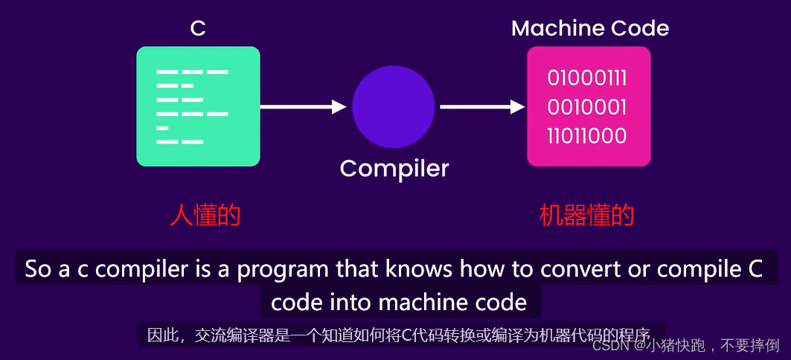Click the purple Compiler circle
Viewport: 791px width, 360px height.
click(x=394, y=107)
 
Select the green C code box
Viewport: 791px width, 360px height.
click(x=198, y=106)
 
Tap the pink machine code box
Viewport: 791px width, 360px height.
click(x=589, y=106)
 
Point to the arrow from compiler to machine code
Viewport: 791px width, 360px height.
click(x=482, y=107)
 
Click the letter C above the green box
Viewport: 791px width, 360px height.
click(x=198, y=28)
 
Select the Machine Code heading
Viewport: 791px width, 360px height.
click(x=589, y=28)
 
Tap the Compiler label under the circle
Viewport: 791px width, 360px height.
click(x=394, y=168)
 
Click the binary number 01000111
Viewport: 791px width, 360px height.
click(x=587, y=78)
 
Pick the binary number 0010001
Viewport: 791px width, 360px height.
click(x=587, y=107)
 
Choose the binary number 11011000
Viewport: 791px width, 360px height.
click(x=587, y=136)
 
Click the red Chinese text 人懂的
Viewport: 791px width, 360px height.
click(x=205, y=215)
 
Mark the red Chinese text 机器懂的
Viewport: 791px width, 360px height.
click(x=586, y=215)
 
